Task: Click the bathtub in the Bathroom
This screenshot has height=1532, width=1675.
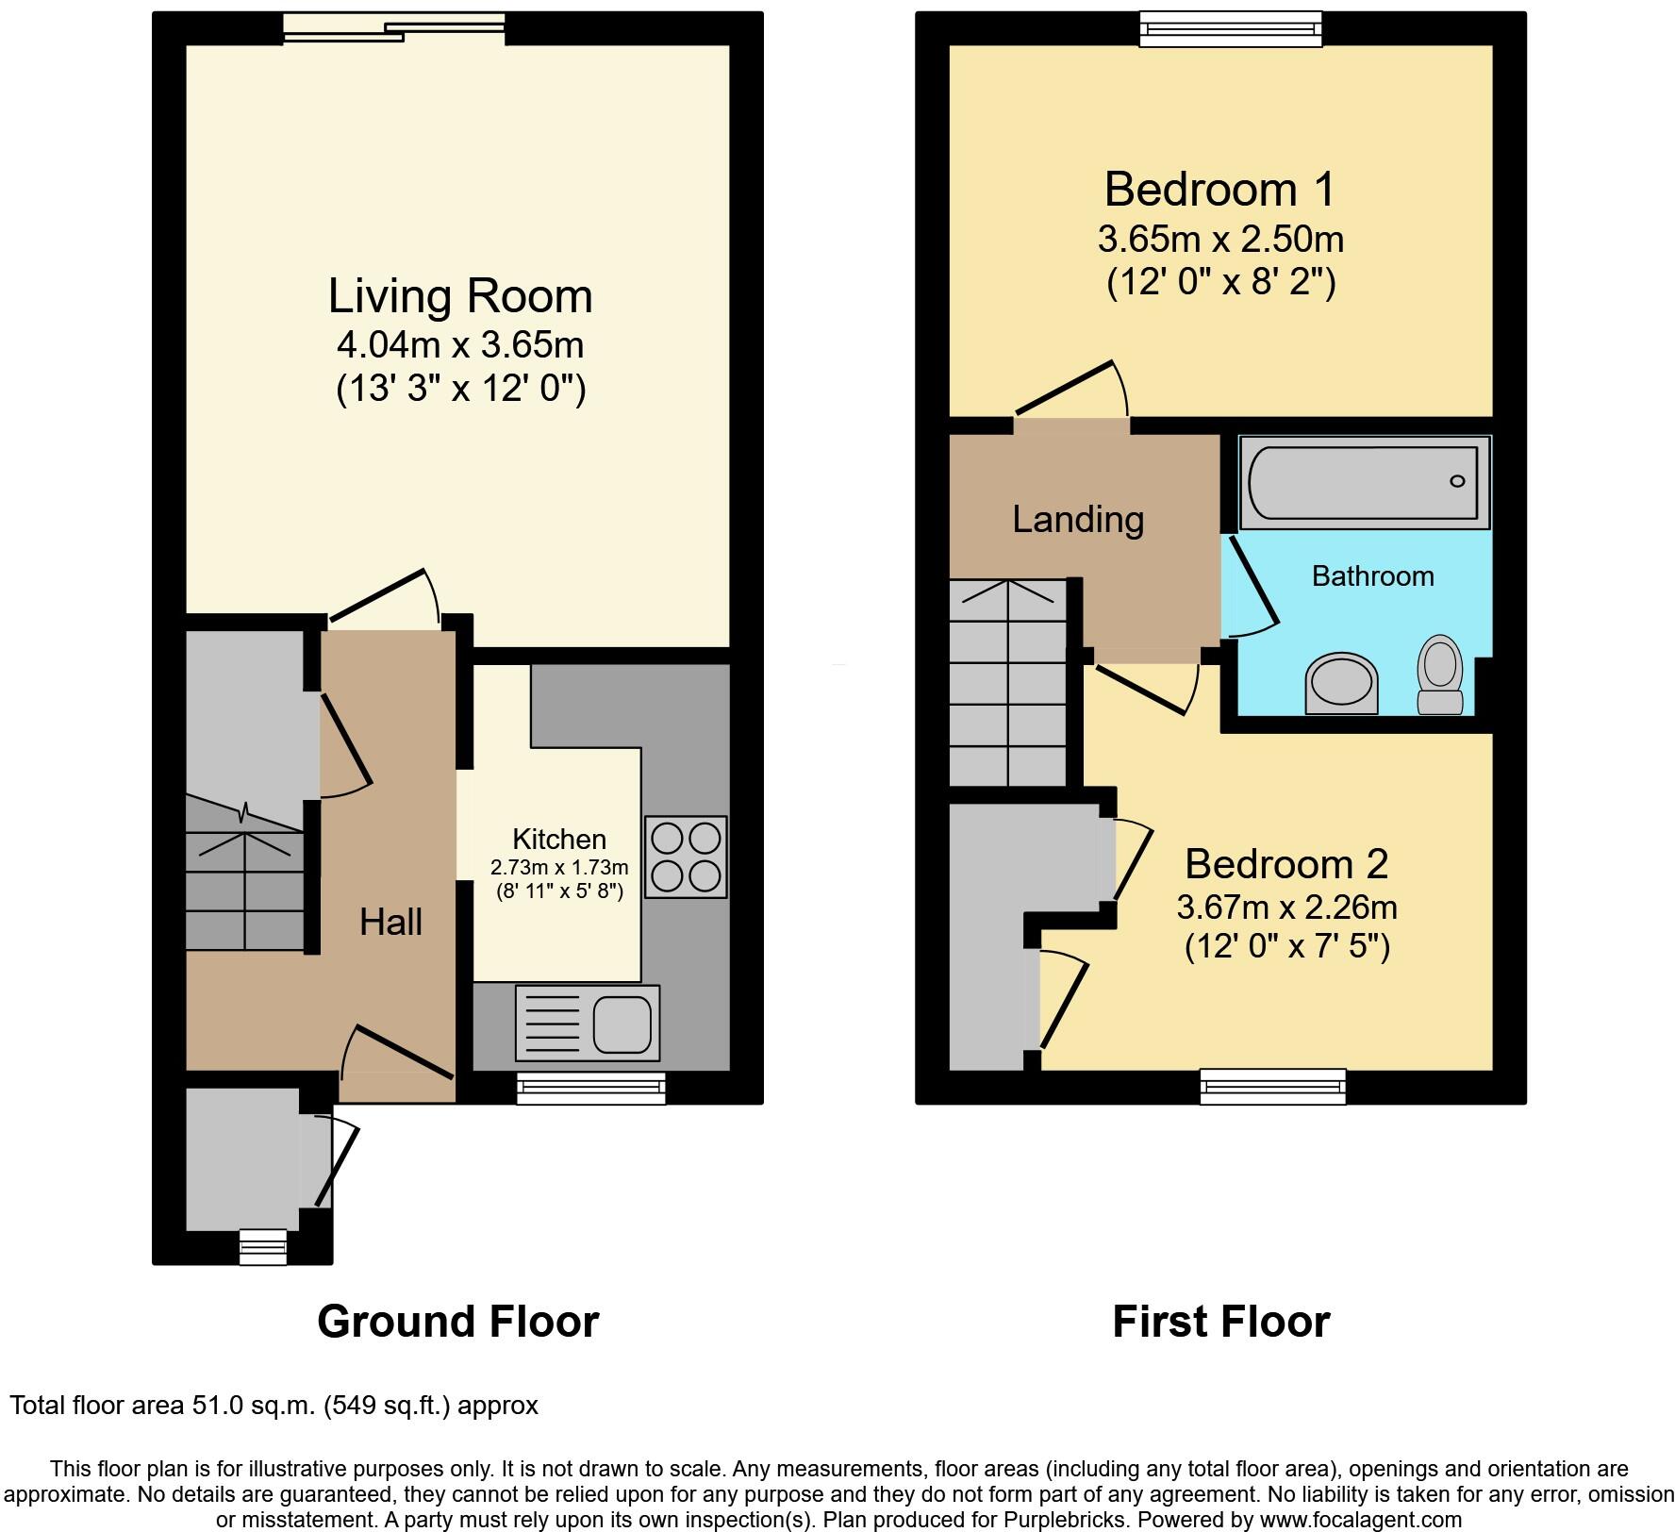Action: click(x=1364, y=482)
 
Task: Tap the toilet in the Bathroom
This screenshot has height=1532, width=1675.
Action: click(x=1440, y=674)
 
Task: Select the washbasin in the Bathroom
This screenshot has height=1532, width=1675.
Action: click(x=1341, y=681)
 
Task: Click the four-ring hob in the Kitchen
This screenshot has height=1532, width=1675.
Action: click(x=686, y=857)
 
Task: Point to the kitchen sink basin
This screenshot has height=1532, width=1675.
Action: click(x=622, y=1024)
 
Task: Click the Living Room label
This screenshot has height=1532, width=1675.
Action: click(x=460, y=296)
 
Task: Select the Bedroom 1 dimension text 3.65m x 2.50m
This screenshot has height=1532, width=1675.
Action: click(x=1220, y=240)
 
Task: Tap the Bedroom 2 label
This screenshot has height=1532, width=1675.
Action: click(x=1286, y=864)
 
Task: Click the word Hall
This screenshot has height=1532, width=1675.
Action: click(x=390, y=922)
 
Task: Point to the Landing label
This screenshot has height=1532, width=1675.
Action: click(x=1078, y=519)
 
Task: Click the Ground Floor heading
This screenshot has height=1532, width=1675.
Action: click(x=457, y=1322)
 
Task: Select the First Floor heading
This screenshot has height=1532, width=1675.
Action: click(x=1220, y=1322)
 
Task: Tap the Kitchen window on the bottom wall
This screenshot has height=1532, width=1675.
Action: click(x=591, y=1090)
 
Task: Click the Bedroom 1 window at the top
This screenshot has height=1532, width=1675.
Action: click(x=1231, y=28)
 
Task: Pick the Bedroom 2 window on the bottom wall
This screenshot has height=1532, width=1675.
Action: click(x=1272, y=1087)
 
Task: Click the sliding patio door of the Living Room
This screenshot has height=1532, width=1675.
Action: click(x=395, y=28)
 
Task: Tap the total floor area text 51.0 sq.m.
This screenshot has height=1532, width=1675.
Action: click(x=274, y=1406)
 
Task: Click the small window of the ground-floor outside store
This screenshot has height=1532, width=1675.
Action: click(x=262, y=1246)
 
